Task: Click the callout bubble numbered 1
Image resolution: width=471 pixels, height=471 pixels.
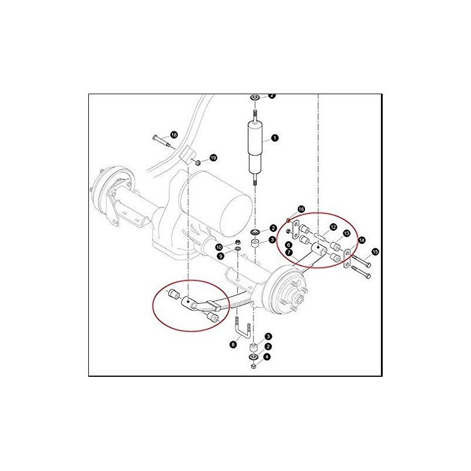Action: (x=274, y=138)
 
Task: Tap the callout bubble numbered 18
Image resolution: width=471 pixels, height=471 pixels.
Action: (x=174, y=135)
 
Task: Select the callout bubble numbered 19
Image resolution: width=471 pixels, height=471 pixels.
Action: (x=213, y=158)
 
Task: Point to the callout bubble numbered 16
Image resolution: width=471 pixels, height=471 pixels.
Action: (x=301, y=209)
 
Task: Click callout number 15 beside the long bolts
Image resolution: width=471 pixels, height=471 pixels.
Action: (x=375, y=252)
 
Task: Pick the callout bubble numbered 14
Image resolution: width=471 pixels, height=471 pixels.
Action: (x=361, y=240)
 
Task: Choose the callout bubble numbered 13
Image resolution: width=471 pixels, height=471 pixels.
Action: (x=346, y=234)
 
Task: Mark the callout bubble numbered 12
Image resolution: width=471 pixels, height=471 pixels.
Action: (x=333, y=227)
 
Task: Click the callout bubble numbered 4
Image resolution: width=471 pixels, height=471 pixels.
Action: (x=267, y=356)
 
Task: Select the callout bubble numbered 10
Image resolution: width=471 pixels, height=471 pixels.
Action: (x=218, y=247)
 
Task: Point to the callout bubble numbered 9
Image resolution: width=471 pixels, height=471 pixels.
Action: (x=220, y=256)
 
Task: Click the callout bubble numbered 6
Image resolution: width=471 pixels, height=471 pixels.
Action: (x=289, y=244)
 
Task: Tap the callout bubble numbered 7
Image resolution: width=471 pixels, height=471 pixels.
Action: (x=289, y=253)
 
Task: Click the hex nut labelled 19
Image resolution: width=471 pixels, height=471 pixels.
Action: (x=199, y=161)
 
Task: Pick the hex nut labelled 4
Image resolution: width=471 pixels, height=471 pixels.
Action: (x=253, y=366)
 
